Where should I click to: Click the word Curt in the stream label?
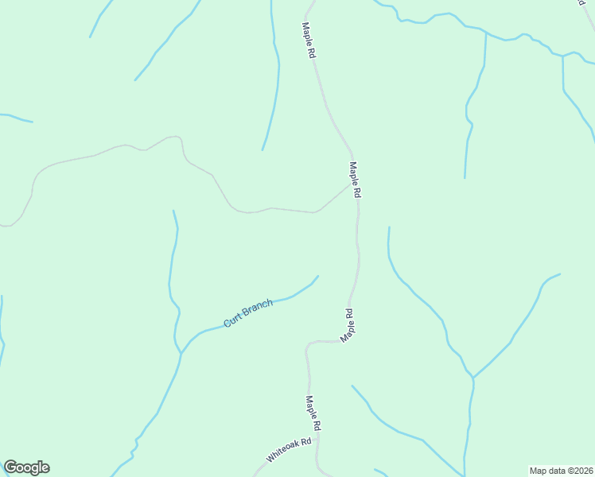232,320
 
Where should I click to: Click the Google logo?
26,467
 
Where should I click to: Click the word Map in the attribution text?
540,471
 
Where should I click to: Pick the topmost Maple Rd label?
309,40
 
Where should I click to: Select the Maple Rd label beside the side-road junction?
356,180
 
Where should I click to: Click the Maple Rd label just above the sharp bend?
348,326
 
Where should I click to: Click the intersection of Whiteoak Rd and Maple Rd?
317,438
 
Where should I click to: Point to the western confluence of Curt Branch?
182,352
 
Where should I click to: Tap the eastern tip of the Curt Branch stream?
318,277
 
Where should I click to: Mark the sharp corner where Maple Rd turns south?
308,344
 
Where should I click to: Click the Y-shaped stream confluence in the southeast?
472,378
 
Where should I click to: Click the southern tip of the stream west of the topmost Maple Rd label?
262,149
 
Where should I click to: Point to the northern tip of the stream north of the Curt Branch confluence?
173,211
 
